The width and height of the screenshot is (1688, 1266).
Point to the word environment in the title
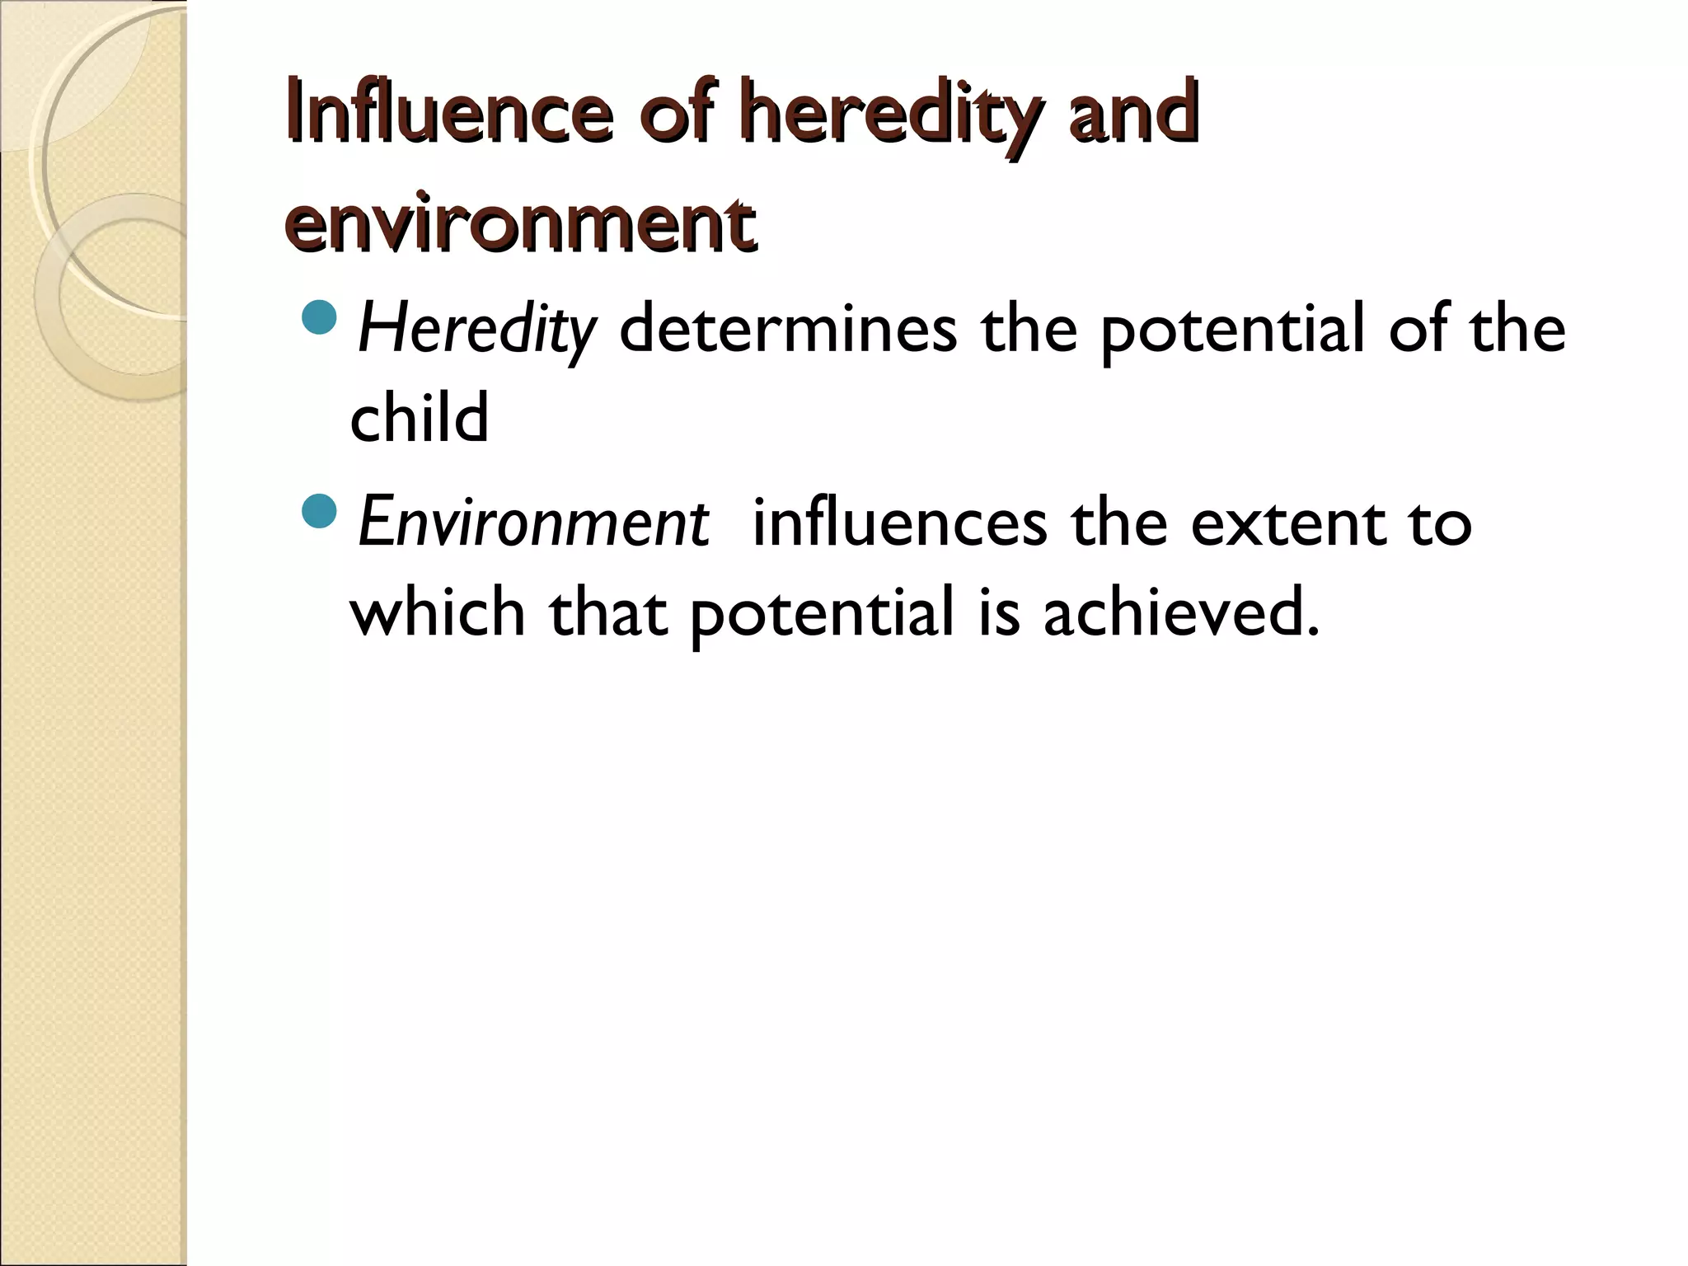point(520,223)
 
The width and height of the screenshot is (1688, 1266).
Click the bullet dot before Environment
point(320,511)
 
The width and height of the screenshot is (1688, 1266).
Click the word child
point(420,416)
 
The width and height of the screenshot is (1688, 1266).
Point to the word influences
point(899,523)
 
